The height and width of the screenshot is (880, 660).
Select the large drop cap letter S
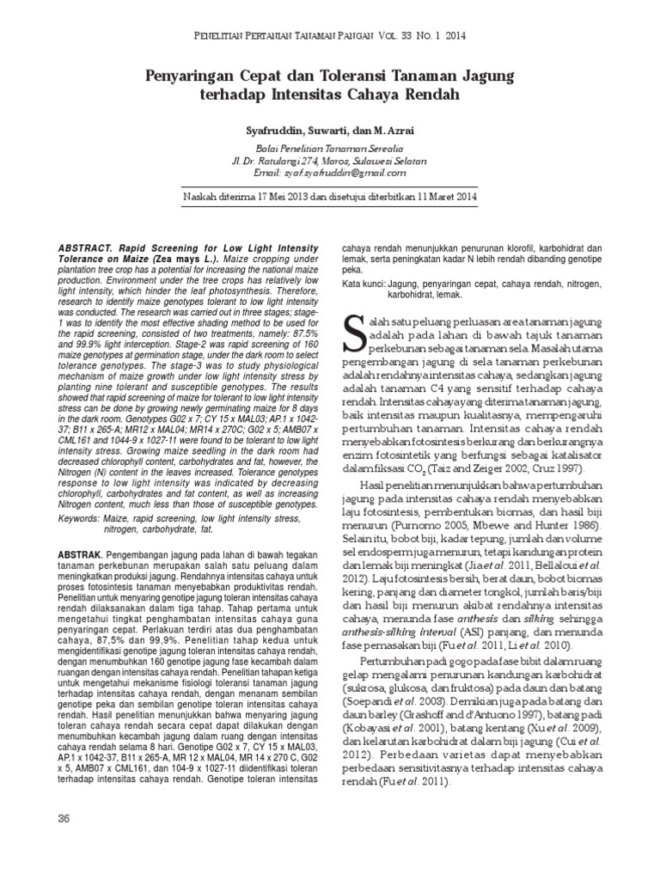[356, 333]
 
